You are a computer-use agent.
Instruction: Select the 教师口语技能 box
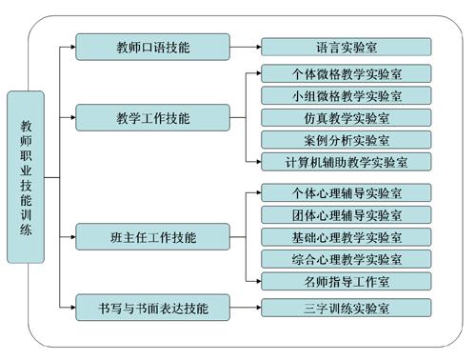tap(152, 45)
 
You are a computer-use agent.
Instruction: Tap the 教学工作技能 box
tap(152, 118)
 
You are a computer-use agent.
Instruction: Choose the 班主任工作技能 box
tap(152, 235)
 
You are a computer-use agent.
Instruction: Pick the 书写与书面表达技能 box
tap(152, 307)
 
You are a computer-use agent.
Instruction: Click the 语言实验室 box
tap(347, 46)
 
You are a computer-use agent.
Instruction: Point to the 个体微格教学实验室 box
tap(347, 73)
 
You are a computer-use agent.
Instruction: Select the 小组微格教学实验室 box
tap(347, 95)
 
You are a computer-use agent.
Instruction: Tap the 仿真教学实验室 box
tap(347, 117)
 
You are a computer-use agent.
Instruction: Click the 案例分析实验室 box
tap(347, 139)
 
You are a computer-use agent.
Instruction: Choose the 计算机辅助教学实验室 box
tap(347, 161)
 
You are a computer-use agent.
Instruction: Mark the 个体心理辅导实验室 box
tap(347, 191)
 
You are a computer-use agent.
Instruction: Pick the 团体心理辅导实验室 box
tap(347, 213)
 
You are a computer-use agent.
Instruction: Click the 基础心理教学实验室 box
tap(347, 235)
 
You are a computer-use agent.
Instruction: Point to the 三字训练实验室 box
tap(347, 307)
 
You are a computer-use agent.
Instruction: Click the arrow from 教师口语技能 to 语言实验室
tap(246, 45)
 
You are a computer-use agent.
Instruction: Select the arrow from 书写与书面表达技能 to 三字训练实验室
tap(246, 307)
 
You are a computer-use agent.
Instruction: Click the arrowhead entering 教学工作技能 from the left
tap(71, 118)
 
